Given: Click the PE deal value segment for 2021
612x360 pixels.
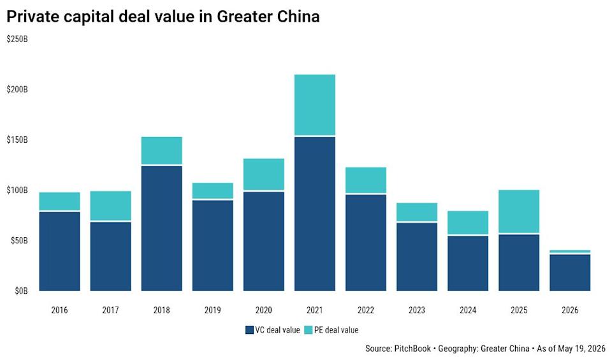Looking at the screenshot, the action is (x=314, y=104).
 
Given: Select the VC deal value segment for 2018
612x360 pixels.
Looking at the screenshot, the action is (x=161, y=229).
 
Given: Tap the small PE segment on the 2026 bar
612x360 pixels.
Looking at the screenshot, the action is (x=570, y=252).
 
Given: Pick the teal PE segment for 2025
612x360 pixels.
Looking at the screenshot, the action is (x=519, y=212).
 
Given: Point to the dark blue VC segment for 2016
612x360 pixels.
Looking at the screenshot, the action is (x=60, y=252).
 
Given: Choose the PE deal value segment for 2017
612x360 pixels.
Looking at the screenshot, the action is (x=110, y=206).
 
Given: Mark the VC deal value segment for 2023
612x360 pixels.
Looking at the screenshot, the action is (x=417, y=257).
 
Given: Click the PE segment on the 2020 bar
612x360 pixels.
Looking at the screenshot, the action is (x=263, y=175).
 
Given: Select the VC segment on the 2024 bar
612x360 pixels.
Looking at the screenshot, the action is (x=468, y=263).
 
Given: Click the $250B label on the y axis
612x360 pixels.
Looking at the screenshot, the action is (x=17, y=40).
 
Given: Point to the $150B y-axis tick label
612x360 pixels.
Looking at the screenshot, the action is (x=17, y=140).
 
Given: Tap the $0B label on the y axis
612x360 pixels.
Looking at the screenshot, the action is (x=21, y=291).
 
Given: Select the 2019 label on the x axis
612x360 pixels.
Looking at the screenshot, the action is (x=212, y=310).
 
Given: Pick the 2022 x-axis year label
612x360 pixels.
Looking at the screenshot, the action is (x=366, y=310).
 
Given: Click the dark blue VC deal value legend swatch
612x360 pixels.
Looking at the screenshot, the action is (x=249, y=330).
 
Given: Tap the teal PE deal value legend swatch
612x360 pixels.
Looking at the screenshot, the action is (x=309, y=330).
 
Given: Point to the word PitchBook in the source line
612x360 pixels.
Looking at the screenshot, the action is (x=412, y=349).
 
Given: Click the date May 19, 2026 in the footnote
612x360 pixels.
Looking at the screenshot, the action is (x=581, y=349).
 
